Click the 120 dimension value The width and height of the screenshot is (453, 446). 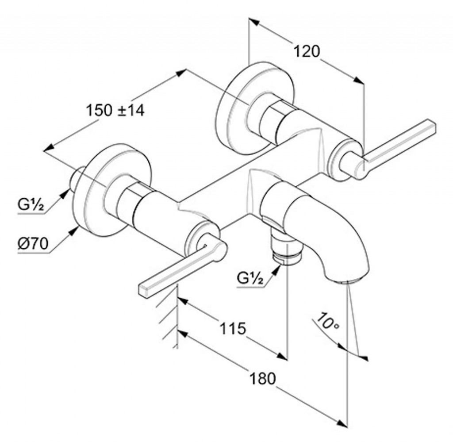(x=307, y=51)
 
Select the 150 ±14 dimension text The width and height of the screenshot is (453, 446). (x=115, y=110)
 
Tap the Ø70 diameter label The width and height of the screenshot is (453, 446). (x=33, y=244)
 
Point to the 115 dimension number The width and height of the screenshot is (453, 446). (x=233, y=328)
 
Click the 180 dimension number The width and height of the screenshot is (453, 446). (x=263, y=378)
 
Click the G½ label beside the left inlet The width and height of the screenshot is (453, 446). (x=31, y=204)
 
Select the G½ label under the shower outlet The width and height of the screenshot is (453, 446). (x=250, y=278)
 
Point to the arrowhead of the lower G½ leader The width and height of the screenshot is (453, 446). (x=276, y=269)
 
